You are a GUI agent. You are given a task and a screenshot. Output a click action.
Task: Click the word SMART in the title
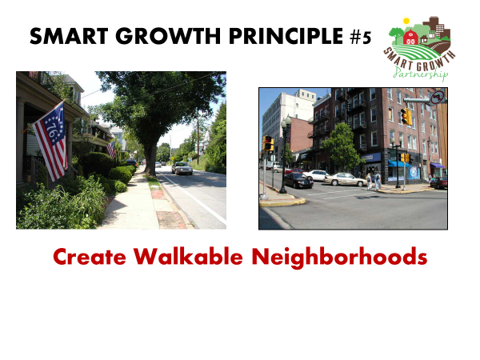(x=69, y=36)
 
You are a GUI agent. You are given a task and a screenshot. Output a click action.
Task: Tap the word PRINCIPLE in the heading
(x=286, y=36)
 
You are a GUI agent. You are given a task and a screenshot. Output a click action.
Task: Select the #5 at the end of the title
(x=360, y=37)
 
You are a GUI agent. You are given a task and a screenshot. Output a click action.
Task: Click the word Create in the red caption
(x=90, y=257)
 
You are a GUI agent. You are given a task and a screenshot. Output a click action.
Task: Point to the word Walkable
(x=188, y=256)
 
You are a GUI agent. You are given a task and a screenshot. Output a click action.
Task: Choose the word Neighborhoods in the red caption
(x=339, y=258)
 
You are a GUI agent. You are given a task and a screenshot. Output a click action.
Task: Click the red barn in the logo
(x=410, y=37)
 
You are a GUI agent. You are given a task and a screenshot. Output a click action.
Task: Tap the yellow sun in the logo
(x=406, y=21)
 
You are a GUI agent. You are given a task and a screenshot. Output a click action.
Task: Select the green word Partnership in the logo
(x=421, y=74)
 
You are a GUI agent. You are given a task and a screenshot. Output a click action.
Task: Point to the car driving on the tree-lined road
(x=182, y=168)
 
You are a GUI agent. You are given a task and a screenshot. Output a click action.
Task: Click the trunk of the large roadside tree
(x=150, y=159)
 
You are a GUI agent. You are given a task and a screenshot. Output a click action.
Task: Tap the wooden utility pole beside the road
(x=198, y=142)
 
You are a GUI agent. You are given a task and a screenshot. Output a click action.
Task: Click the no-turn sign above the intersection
(x=438, y=98)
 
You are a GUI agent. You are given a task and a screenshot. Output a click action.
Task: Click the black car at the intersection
(x=298, y=180)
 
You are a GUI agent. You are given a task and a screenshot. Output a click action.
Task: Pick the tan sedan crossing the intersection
(x=346, y=179)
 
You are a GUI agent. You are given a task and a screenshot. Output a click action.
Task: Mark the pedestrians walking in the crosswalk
(x=374, y=181)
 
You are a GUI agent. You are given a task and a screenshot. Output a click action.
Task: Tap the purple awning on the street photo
(x=437, y=166)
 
